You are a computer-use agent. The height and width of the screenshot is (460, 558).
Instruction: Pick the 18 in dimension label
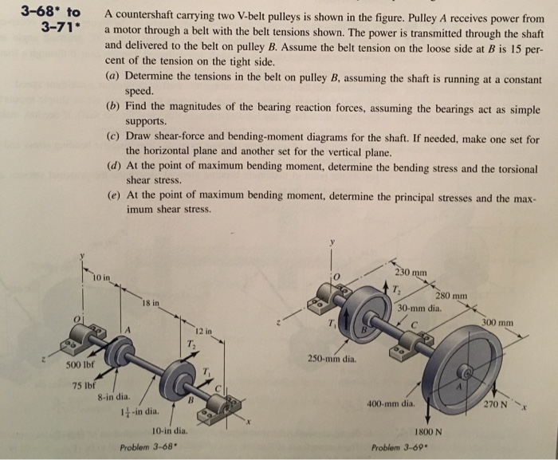151,303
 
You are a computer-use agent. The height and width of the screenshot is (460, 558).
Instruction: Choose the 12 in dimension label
202,331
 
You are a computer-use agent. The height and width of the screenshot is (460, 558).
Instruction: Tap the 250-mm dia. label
333,360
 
